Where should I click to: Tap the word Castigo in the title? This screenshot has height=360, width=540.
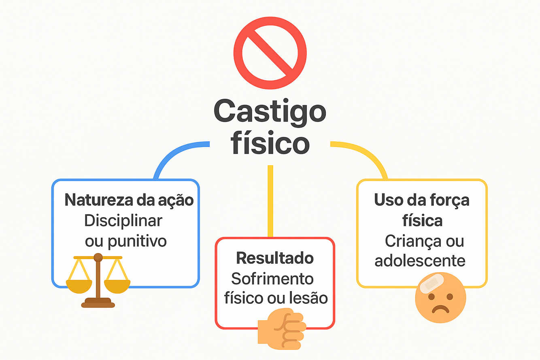point(270,111)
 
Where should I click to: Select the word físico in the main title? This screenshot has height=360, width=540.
point(270,143)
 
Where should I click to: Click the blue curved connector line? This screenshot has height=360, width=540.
point(174,154)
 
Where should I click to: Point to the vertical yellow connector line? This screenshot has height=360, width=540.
point(270,200)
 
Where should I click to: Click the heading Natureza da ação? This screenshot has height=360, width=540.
point(129,200)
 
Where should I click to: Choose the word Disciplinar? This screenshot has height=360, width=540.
point(123,221)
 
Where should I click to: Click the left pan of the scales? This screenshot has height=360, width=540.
point(79,286)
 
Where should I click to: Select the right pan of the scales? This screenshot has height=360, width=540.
point(117,286)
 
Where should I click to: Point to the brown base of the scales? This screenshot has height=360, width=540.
point(98,302)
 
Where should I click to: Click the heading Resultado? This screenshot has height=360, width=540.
point(275,258)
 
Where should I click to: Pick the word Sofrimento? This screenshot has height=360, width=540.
point(272,279)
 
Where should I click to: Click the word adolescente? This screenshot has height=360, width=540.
point(420,261)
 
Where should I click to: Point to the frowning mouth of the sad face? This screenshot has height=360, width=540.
point(441,310)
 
